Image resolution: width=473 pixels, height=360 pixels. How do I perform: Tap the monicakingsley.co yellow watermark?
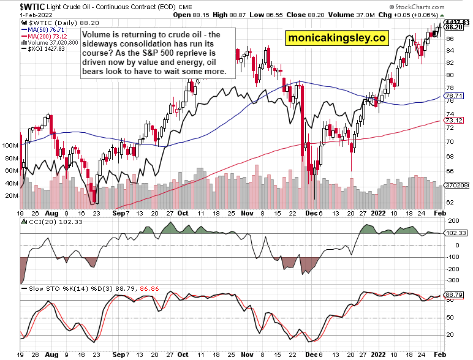coord(337,38)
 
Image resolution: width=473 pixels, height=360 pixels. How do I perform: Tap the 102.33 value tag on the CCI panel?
coord(453,233)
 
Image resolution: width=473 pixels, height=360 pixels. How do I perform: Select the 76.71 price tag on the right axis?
coord(453,96)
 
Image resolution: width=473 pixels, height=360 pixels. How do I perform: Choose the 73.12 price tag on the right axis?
coord(453,120)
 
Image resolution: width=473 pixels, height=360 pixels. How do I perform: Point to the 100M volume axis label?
coord(9,146)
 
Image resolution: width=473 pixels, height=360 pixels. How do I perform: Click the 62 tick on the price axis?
coord(449,201)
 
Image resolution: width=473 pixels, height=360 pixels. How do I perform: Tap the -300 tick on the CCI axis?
coord(455,279)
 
